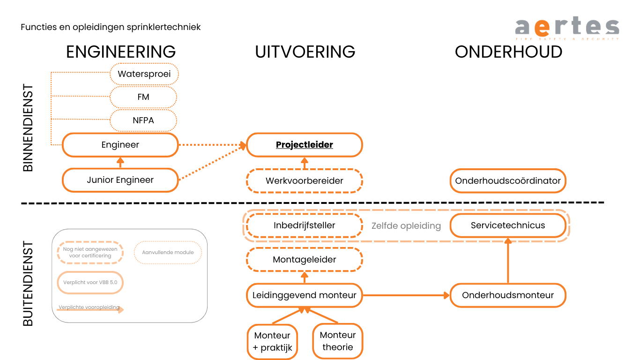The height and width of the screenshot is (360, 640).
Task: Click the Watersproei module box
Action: (144, 74)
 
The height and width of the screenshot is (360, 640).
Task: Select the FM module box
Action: (143, 97)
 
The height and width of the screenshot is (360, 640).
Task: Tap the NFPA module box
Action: (143, 120)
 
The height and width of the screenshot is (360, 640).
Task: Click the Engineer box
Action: (120, 145)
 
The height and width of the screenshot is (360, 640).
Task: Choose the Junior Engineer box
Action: (120, 180)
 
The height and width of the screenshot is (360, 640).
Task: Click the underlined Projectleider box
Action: (304, 145)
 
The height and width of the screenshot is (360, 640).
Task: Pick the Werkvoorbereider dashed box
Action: (304, 180)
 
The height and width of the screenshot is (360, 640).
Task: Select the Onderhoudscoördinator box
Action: (508, 180)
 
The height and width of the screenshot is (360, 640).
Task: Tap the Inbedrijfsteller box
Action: (304, 225)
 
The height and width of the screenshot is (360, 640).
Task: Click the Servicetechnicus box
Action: (508, 225)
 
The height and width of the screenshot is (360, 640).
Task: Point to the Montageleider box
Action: (304, 260)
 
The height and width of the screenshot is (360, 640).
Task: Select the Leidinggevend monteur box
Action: (304, 295)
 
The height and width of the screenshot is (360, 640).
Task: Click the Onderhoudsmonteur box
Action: (508, 295)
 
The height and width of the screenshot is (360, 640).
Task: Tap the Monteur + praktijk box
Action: (272, 342)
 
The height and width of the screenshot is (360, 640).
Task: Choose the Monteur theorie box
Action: (337, 341)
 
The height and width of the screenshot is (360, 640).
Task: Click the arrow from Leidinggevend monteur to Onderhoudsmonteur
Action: (406, 295)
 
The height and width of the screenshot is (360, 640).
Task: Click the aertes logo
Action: (567, 28)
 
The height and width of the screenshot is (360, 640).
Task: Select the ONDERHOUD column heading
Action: (508, 52)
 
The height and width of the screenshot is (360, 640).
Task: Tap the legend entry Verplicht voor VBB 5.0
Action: (90, 283)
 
